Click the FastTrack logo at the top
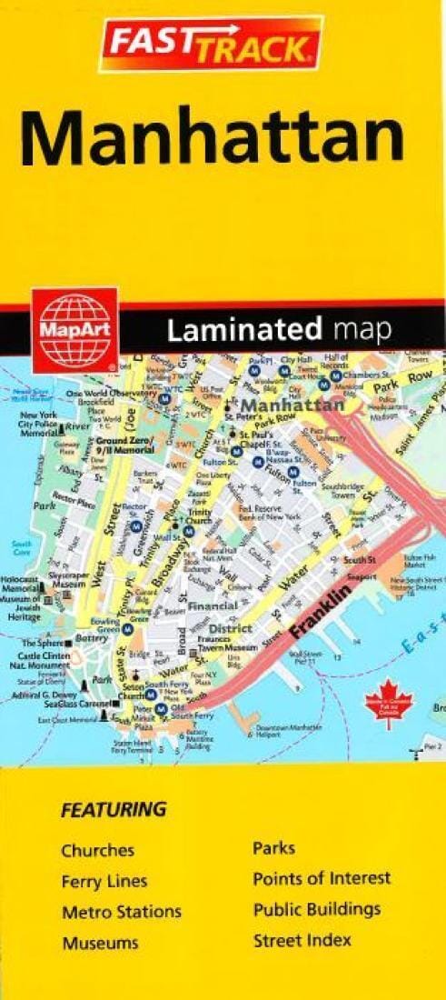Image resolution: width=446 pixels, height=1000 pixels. tap(210, 44)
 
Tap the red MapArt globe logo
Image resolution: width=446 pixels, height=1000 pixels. tap(75, 329)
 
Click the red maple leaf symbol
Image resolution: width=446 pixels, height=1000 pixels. tap(389, 704)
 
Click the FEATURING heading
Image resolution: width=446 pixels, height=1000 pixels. tap(114, 808)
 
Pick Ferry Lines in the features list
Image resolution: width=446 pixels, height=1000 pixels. tap(104, 881)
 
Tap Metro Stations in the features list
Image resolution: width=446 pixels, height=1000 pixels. tap(121, 912)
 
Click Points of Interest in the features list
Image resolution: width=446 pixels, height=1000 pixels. tap(322, 879)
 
